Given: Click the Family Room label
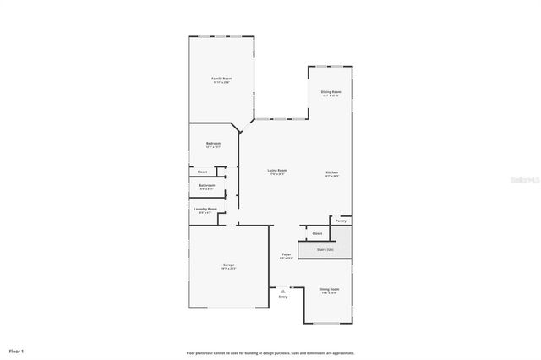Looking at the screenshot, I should point(221,79).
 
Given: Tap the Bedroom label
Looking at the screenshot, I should point(213,144).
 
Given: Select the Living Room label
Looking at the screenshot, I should point(276,172).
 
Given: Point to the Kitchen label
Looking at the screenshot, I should point(332,172).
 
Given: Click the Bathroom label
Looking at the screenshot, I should point(207,186).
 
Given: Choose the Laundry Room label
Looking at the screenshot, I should point(205,210).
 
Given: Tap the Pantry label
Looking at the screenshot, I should point(341,221).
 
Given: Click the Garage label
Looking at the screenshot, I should point(228,265).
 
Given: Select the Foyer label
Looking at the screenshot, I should point(287,254).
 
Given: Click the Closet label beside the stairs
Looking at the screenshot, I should point(317,233).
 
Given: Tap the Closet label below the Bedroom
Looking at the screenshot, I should point(203,172).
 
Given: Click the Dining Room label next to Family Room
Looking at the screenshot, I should point(331,92).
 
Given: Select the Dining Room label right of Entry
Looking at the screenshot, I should point(329,290).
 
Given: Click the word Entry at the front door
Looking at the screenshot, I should point(283,297).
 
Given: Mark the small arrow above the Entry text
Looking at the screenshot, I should point(283,291).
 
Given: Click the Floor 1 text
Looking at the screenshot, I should point(17,350).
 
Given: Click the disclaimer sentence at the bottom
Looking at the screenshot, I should point(270,352).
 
